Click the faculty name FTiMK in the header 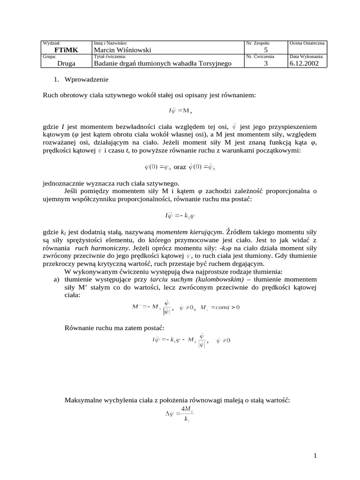point(67,50)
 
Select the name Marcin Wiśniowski point(123,50)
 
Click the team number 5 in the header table point(266,50)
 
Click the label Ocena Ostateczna point(307,43)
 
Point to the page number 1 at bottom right point(315,456)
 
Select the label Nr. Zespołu point(258,43)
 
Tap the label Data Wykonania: point(307,57)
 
